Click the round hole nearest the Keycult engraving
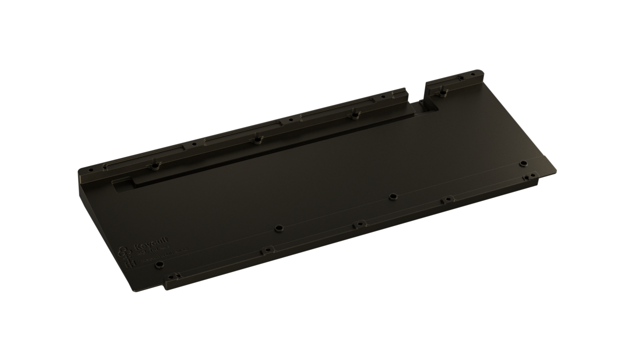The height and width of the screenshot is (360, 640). coord(159,264)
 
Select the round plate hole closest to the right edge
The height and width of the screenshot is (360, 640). coord(523,163)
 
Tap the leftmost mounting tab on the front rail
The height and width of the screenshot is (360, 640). coord(172,275)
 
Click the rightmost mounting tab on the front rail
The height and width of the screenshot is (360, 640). coord(530,176)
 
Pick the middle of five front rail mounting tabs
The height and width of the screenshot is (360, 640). coord(358,225)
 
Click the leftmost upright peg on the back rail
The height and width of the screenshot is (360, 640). coord(155,164)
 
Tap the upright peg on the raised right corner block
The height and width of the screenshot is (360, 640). coord(443,91)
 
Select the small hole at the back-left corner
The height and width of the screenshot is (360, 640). coord(90,170)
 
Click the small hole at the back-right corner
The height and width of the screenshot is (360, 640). coord(473,74)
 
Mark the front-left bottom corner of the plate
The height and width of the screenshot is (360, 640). coord(134,290)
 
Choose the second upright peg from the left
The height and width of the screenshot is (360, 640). coord(257,138)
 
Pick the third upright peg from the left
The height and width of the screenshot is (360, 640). coord(354,114)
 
